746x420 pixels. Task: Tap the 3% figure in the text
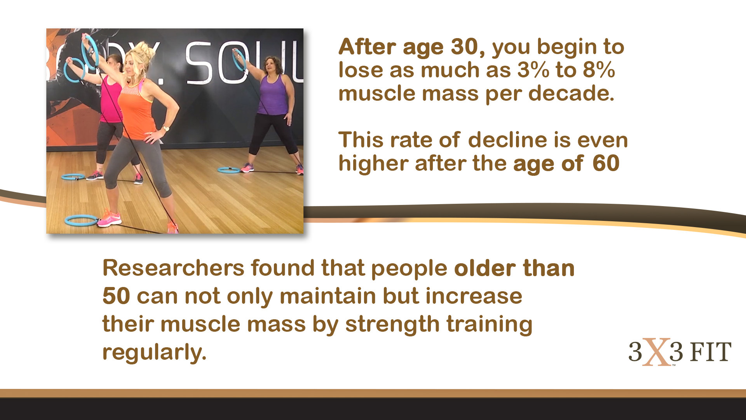[x=533, y=70]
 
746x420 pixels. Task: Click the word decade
[x=571, y=94]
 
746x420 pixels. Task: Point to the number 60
[x=606, y=163]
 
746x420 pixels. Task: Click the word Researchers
[x=173, y=268]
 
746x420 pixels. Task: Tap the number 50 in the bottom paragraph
[x=116, y=296]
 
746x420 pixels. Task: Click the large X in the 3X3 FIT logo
[x=656, y=352]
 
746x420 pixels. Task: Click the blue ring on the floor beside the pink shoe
[x=81, y=220]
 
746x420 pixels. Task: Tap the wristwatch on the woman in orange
[x=166, y=128]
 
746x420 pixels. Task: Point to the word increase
[x=474, y=296]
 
